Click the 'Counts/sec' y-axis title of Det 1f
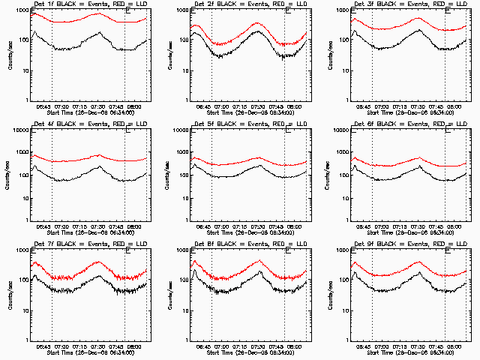coord(9,56)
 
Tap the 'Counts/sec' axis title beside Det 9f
coord(331,296)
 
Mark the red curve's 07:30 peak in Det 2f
coord(256,22)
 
